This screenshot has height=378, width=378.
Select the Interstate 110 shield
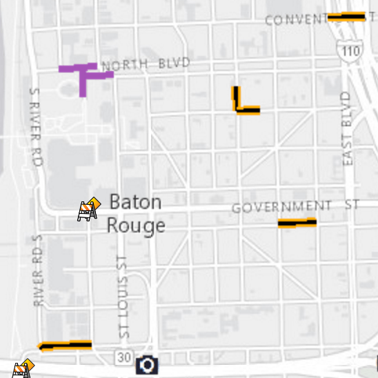coord(350,50)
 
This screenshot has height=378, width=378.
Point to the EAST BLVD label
coord(347,128)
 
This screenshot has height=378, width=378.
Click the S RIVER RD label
coord(36,126)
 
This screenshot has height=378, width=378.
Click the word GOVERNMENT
coord(281,207)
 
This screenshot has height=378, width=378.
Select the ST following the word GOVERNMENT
coord(352,206)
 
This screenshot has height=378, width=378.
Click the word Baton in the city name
coord(136,203)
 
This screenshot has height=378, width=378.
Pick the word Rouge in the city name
coord(136,226)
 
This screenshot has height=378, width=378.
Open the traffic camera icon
coord(147,364)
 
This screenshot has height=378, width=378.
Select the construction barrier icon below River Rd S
coord(23,369)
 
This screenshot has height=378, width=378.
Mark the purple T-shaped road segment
coord(83,74)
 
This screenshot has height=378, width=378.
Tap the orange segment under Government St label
coord(297,223)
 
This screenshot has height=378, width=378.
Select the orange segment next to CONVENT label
coord(346,17)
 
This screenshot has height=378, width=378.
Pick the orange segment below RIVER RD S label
coord(66,346)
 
